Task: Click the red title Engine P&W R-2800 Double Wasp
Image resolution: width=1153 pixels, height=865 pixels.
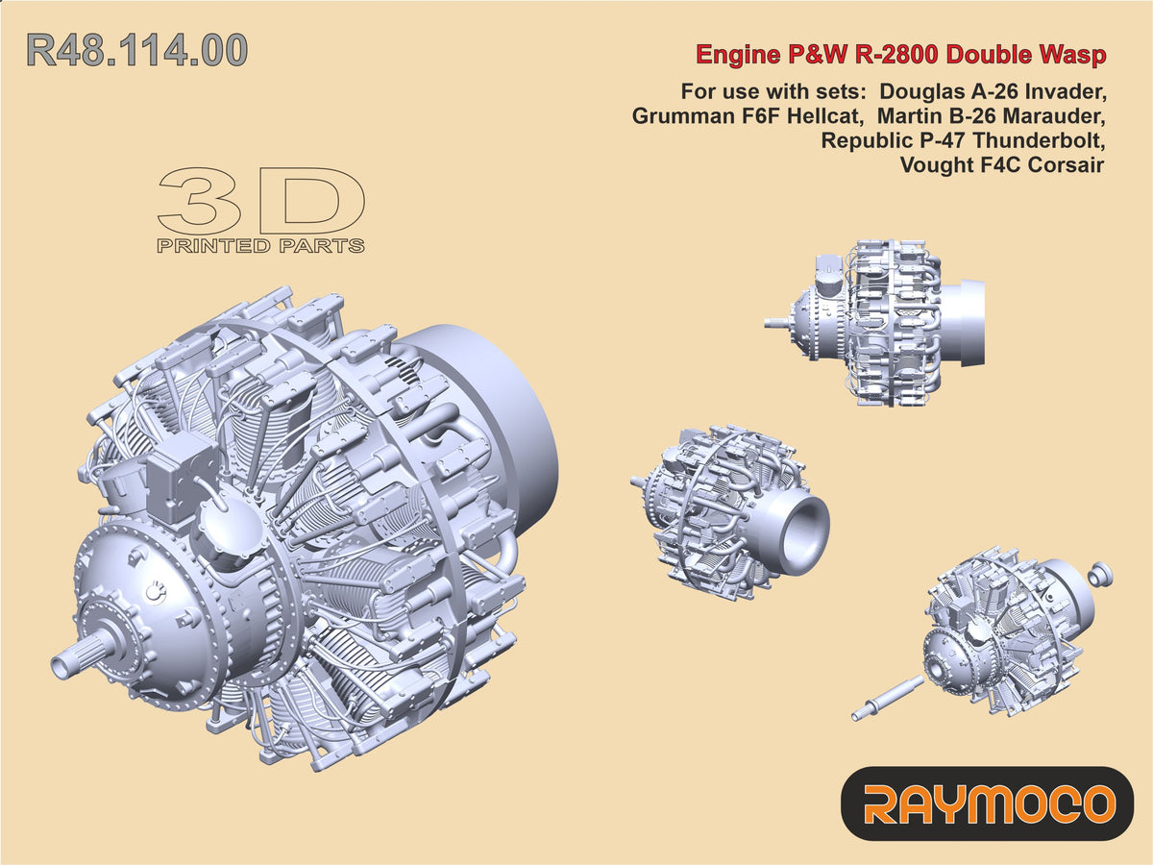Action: point(901,55)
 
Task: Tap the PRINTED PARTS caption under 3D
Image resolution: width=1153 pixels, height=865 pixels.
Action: point(260,246)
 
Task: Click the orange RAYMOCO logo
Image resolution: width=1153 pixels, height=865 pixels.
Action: point(988,803)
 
